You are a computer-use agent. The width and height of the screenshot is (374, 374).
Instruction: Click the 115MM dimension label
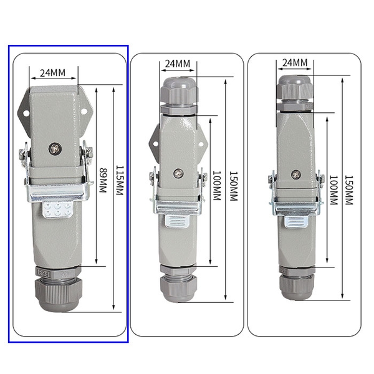coord(120,180)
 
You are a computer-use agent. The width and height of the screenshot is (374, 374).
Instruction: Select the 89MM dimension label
coord(103,180)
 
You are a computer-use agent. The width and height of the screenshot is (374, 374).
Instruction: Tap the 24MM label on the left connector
coord(52,73)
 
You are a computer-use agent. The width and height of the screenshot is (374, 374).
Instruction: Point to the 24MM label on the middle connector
coord(178,64)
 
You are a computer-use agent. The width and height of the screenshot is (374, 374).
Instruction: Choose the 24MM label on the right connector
coord(295,63)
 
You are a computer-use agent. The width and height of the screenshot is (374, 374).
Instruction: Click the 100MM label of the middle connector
coord(216,185)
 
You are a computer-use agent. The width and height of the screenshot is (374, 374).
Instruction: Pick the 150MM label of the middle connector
coord(234,186)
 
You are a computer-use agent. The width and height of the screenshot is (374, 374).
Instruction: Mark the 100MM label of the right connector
coord(333,190)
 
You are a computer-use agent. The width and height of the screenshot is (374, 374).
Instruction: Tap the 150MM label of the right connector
coord(348,190)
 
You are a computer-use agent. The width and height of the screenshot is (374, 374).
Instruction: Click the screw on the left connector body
coord(55,149)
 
